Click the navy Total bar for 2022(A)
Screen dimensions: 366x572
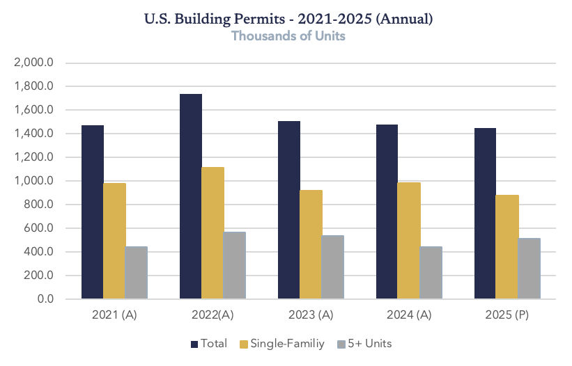(x=191, y=196)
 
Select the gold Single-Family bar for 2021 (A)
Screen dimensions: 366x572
(x=114, y=241)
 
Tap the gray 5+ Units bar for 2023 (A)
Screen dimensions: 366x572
(x=333, y=267)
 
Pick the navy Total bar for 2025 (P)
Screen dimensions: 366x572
(x=486, y=214)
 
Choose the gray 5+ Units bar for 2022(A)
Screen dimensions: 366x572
(x=235, y=265)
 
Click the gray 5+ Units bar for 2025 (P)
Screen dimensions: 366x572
(x=530, y=269)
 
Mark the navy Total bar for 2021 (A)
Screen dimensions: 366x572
(x=93, y=212)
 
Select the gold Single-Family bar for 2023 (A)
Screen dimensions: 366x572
(x=311, y=244)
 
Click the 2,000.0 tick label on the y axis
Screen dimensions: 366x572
(x=34, y=63)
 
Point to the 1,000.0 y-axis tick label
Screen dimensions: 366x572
(x=34, y=181)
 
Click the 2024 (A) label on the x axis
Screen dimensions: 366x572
(x=409, y=315)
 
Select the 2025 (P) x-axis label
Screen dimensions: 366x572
(x=507, y=315)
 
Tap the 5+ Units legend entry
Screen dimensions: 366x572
(x=370, y=344)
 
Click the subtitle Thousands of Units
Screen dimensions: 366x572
(x=288, y=35)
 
